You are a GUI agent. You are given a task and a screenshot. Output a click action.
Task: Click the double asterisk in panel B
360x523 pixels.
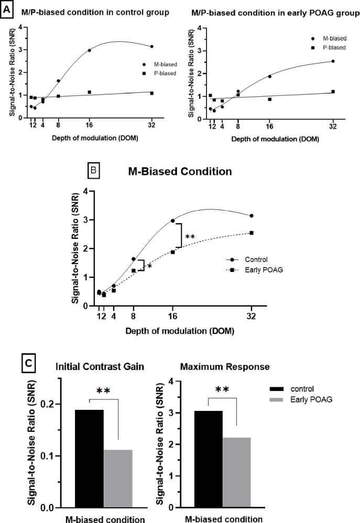click(190, 237)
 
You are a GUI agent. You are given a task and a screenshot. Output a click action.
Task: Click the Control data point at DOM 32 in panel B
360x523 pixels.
click(252, 215)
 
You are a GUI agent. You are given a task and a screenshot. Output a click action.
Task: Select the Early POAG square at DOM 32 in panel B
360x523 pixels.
click(252, 233)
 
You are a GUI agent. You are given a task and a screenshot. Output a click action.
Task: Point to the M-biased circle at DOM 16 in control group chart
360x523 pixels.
click(90, 50)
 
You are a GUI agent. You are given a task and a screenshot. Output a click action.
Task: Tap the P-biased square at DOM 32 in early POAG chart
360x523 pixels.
click(333, 92)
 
